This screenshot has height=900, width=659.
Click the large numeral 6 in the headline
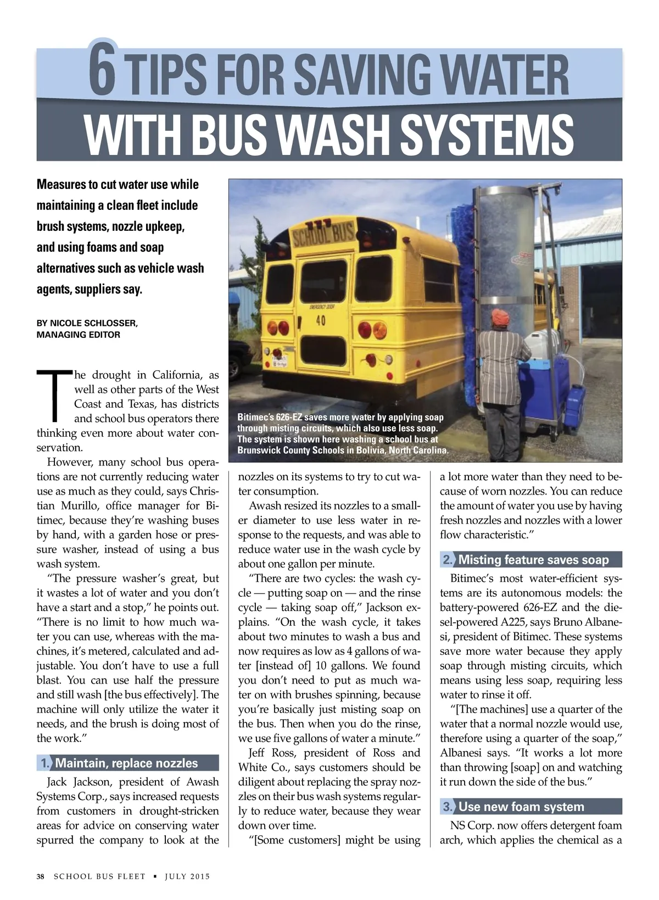tap(103, 70)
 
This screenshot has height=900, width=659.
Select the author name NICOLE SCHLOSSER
tap(93, 323)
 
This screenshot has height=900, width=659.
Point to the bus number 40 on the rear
tap(321, 320)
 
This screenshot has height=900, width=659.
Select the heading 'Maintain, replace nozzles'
tap(126, 763)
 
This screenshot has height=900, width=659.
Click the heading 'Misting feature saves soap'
tap(533, 560)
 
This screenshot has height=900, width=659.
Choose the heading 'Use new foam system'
tap(521, 807)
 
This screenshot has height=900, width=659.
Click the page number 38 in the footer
tap(41, 876)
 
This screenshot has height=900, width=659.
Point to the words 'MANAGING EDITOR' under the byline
tap(78, 335)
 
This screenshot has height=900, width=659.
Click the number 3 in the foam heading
tap(448, 807)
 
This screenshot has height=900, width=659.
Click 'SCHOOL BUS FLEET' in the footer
tap(99, 876)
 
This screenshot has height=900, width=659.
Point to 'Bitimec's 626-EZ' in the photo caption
tap(269, 417)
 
